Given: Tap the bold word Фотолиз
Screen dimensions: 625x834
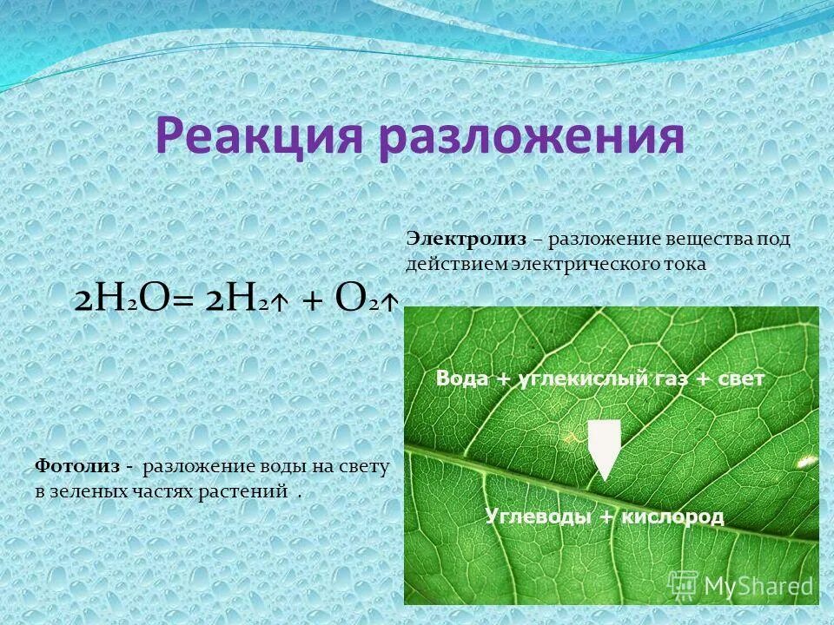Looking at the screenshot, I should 76,467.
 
